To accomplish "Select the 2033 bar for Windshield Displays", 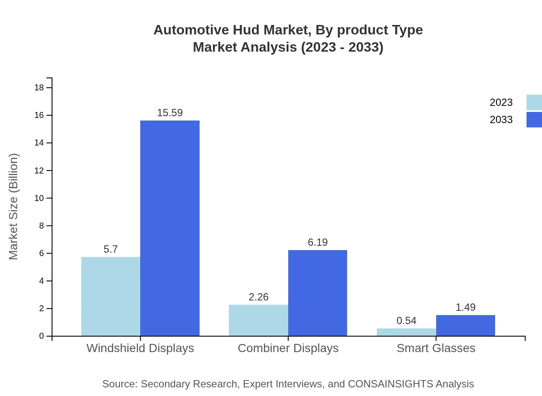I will [x=170, y=228].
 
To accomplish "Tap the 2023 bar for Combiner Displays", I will [x=258, y=320].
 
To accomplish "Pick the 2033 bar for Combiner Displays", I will [x=317, y=293].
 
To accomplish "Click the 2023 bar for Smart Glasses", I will [x=406, y=332].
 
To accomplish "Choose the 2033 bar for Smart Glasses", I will [x=465, y=325].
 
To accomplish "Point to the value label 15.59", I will [x=170, y=113].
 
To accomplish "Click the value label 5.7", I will [x=111, y=249].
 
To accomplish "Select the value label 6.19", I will [x=317, y=242].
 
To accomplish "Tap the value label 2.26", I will [x=258, y=297].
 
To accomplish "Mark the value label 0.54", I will [x=406, y=321].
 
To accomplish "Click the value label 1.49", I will [x=465, y=307].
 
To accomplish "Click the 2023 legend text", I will [x=501, y=102].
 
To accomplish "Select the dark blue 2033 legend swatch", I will [x=534, y=120].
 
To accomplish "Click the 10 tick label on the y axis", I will [x=39, y=198].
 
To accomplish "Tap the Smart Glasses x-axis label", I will [x=436, y=348].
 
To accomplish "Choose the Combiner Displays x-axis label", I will [x=288, y=348].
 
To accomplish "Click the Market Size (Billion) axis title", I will [x=13, y=207].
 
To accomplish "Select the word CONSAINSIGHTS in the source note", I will [x=390, y=384].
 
